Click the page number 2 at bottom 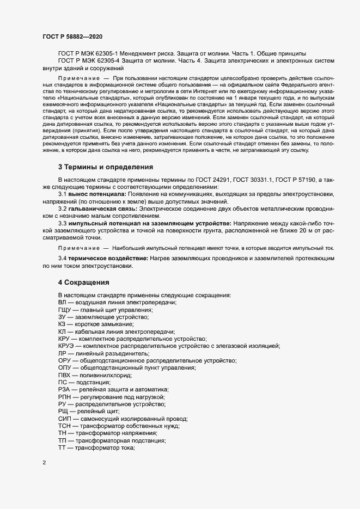(44, 463)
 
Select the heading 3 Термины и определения (106, 167)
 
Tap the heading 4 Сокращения (84, 283)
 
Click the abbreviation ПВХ (65, 375)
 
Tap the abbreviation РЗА (64, 390)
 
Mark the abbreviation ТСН (65, 426)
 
